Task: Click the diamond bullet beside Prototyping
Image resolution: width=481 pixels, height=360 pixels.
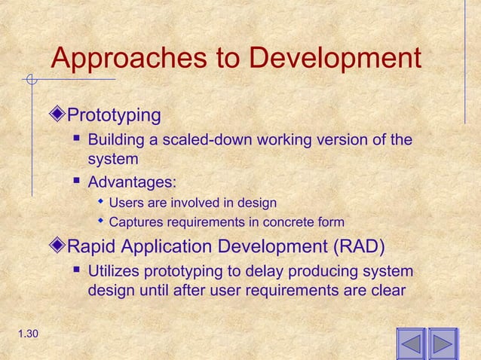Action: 60,115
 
